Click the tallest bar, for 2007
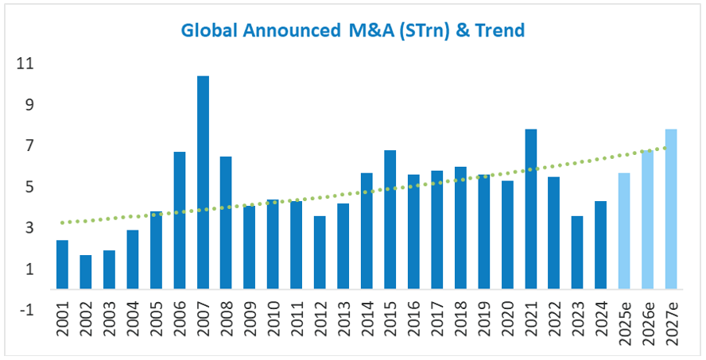pos(203,183)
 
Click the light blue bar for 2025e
pos(624,230)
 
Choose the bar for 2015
pos(390,219)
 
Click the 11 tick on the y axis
pos(26,64)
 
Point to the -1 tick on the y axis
pos(26,311)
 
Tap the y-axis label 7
pos(29,146)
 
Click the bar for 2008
pos(227,223)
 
